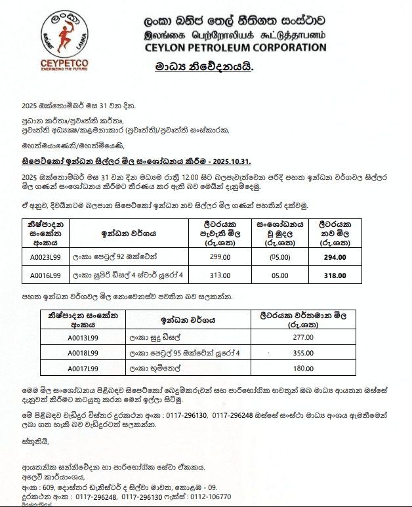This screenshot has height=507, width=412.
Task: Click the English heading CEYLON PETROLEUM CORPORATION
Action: point(236,47)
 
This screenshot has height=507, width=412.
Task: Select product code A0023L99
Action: point(45,257)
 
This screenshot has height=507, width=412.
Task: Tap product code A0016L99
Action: point(45,275)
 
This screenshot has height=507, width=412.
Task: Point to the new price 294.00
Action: point(335,257)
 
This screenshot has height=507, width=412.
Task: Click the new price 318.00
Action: point(335,275)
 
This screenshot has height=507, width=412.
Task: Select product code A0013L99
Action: point(83,337)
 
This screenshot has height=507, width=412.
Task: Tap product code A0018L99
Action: point(83,353)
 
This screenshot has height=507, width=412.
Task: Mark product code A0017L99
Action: point(83,369)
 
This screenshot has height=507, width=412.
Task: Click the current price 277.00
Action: point(303,337)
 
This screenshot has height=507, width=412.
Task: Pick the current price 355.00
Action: point(303,353)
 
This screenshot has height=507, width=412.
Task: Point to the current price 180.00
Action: point(303,369)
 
